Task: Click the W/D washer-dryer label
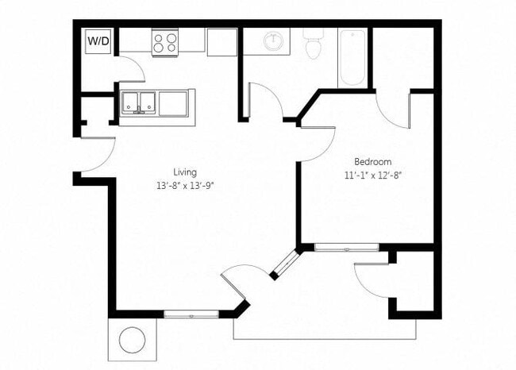(98, 40)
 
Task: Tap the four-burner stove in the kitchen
(164, 42)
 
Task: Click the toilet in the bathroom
(313, 46)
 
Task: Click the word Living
(185, 172)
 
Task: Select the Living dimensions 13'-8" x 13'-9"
(185, 187)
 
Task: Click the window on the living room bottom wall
(191, 314)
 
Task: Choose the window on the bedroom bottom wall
(346, 248)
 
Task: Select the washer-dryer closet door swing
(131, 68)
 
